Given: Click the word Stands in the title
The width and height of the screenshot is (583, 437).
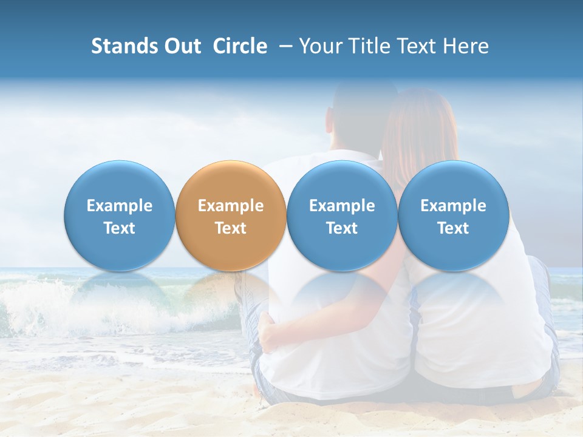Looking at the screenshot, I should [x=124, y=46].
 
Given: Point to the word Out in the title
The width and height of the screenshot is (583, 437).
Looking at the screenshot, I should [x=181, y=46].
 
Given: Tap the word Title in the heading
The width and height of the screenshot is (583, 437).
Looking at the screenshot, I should [x=369, y=46].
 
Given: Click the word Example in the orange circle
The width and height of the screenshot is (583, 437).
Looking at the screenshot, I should [x=231, y=206].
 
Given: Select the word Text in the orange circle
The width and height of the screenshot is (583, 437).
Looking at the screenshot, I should [x=231, y=228].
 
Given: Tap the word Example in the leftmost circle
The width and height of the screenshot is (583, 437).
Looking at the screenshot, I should [x=119, y=206].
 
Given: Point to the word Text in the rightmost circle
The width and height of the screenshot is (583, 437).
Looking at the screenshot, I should [x=453, y=228].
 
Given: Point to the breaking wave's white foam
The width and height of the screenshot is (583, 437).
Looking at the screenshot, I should [x=36, y=303].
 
